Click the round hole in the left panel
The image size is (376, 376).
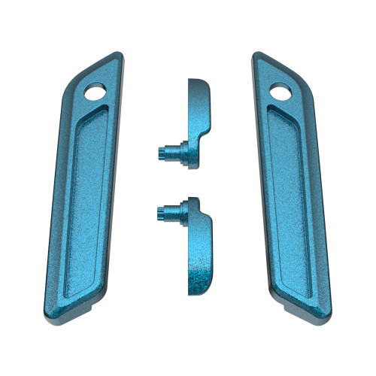(x=98, y=92)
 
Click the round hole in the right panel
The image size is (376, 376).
(x=279, y=92)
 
